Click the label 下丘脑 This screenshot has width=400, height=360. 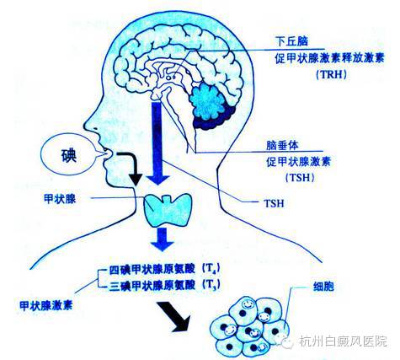[x=291, y=41]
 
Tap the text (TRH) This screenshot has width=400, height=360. [x=331, y=75]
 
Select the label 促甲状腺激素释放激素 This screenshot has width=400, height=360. [x=329, y=58]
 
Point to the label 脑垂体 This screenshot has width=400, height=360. [x=282, y=145]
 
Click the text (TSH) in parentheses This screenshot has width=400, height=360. [x=300, y=178]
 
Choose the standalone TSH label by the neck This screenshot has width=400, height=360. [x=274, y=203]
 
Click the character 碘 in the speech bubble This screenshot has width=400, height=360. [x=69, y=155]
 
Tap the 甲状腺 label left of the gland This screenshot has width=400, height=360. [x=60, y=199]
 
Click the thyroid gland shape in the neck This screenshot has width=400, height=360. [x=168, y=210]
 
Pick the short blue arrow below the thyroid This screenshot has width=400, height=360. [x=163, y=239]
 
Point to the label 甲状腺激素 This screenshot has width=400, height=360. [x=46, y=305]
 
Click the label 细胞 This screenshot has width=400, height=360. [x=323, y=286]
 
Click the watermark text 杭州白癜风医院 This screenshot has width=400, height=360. [x=343, y=341]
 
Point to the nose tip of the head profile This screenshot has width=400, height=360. [x=85, y=125]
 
